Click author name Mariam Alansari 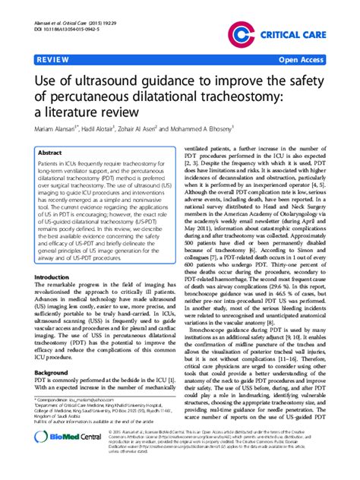[60, 130]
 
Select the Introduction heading [54, 256]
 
